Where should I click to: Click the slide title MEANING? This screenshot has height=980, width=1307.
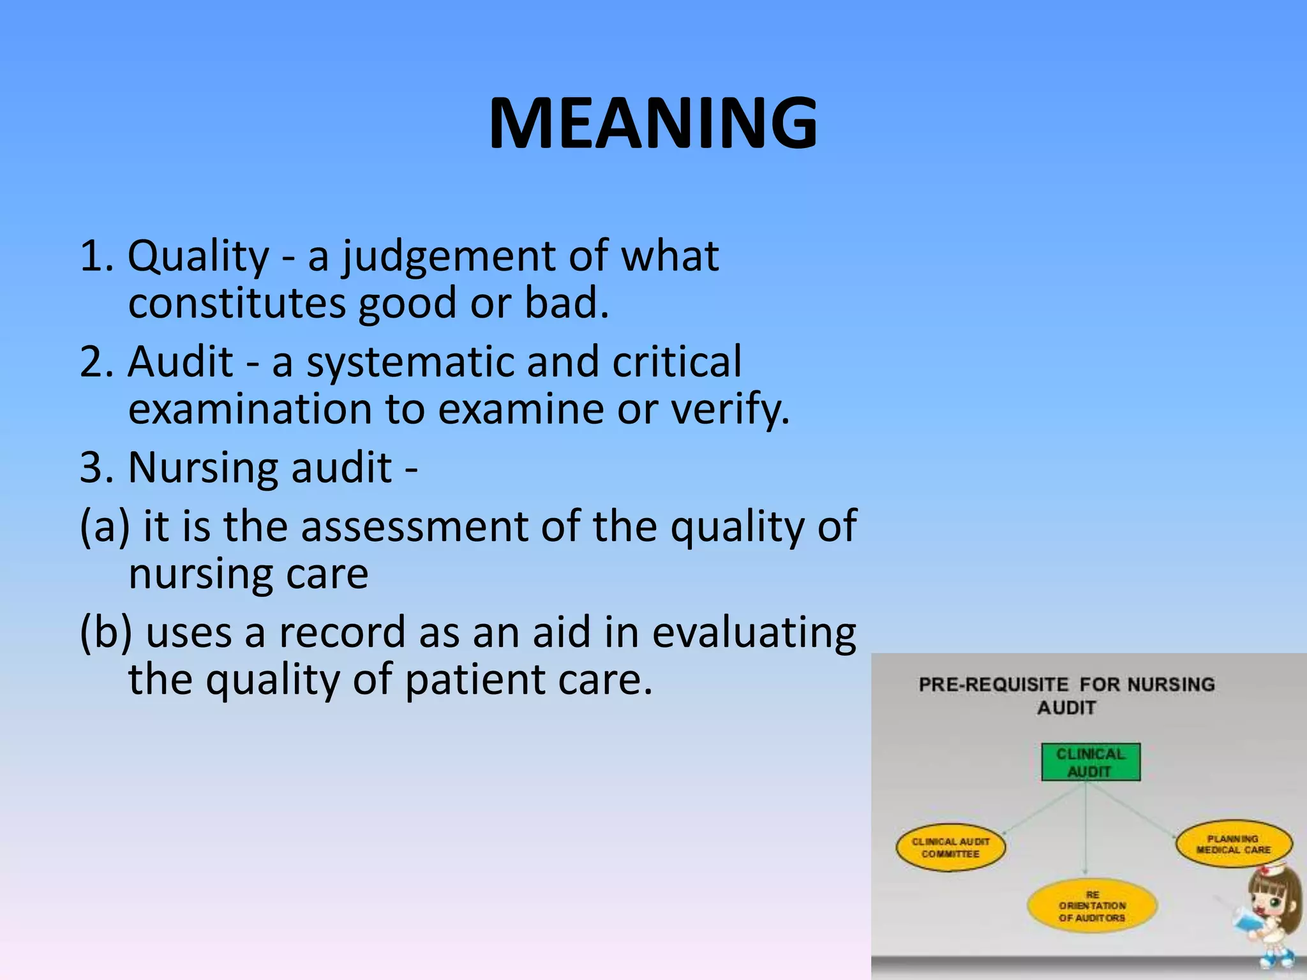[653, 123]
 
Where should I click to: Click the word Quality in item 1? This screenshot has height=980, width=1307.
[198, 257]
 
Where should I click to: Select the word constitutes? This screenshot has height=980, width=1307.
[237, 303]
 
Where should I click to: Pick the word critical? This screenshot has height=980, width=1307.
[676, 362]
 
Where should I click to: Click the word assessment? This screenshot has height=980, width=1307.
[414, 527]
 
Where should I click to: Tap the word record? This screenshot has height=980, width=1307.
[341, 633]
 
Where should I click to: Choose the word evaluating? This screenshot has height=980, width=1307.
[754, 633]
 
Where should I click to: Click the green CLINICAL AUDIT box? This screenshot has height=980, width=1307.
[1090, 762]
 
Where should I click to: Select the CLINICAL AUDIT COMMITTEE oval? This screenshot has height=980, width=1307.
[950, 848]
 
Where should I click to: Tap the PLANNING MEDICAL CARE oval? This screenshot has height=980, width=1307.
[1233, 844]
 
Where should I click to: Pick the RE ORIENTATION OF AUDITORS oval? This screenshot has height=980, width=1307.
[1092, 906]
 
